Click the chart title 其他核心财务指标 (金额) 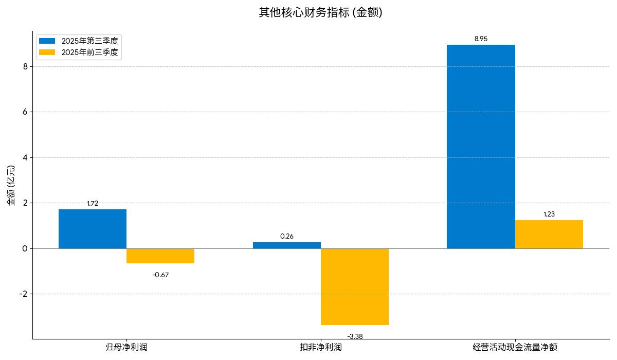click(320, 12)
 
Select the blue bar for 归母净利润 click(93, 229)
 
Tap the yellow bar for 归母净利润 click(160, 256)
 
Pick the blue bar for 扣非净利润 click(286, 245)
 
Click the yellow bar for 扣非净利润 click(354, 286)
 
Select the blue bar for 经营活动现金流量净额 click(481, 147)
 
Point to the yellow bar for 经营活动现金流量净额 click(549, 234)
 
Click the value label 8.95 click(481, 39)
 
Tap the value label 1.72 click(93, 203)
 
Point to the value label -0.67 click(160, 275)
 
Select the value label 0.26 click(286, 237)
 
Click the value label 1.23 click(549, 214)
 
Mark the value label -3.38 click(355, 336)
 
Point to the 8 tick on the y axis click(25, 66)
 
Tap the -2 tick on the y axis click(23, 294)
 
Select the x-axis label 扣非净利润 click(321, 347)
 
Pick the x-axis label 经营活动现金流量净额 click(515, 347)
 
